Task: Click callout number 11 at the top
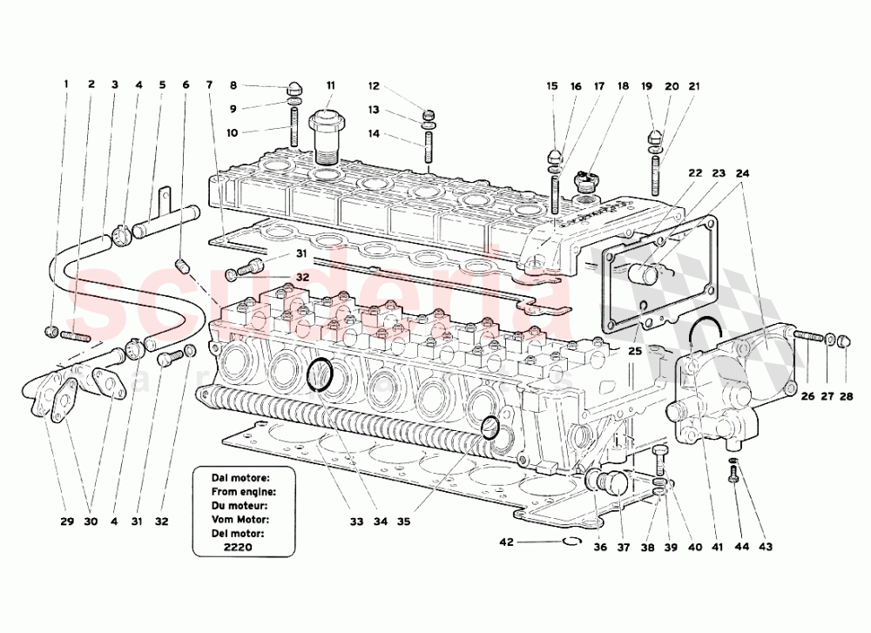[330, 85]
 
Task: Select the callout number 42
[507, 541]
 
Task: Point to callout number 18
[623, 86]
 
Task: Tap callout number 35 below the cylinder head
[403, 522]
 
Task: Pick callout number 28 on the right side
[848, 397]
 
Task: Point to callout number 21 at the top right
[693, 86]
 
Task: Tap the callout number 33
[355, 522]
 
